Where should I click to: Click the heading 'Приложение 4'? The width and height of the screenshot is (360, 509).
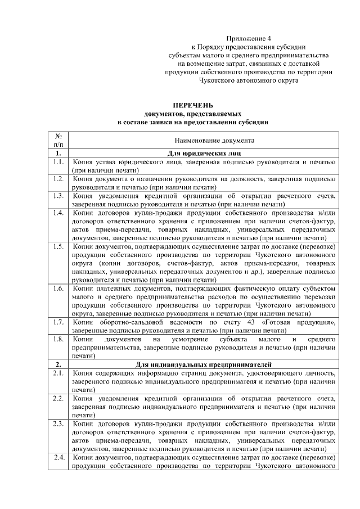click(x=248, y=38)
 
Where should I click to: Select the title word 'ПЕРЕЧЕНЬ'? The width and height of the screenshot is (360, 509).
click(x=192, y=105)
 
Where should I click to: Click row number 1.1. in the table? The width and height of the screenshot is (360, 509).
click(x=57, y=162)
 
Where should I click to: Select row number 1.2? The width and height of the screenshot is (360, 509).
click(x=57, y=179)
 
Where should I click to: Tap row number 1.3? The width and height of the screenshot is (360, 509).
click(x=57, y=196)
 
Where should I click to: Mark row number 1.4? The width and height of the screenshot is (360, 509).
click(x=57, y=213)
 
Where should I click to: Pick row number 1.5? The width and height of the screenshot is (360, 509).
click(x=57, y=246)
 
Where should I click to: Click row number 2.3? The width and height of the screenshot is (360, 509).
click(x=57, y=423)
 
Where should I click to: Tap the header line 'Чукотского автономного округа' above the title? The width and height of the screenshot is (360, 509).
click(x=248, y=80)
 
